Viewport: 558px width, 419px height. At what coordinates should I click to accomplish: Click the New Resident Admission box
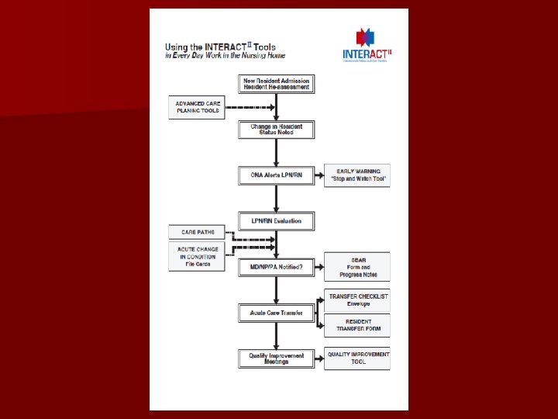276,84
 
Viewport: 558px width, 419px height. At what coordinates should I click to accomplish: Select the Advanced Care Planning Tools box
197,107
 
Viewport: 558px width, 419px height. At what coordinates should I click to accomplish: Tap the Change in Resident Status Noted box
276,130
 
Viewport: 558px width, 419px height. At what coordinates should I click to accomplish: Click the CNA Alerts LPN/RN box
276,175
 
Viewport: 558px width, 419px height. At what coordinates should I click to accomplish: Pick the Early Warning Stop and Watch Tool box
357,175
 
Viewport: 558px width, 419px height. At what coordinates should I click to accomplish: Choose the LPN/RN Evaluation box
276,221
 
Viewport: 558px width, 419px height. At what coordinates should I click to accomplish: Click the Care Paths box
197,232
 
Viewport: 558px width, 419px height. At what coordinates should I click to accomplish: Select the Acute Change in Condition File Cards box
197,256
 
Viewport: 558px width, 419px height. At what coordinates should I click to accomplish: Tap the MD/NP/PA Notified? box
276,267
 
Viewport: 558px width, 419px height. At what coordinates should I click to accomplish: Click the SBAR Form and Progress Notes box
357,267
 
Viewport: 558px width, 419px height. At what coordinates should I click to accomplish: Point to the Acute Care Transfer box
276,313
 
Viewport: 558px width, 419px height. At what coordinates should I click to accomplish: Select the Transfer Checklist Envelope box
357,300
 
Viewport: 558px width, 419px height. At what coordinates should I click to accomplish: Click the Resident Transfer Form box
357,325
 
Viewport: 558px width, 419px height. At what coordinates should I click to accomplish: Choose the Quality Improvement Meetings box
276,358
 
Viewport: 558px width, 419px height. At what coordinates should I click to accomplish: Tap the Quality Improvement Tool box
357,358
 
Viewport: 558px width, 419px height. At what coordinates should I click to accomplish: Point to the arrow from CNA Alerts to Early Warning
319,175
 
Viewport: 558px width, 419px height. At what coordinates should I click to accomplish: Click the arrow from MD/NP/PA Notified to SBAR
319,267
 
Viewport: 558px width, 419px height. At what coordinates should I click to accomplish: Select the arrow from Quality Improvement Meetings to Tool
319,358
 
